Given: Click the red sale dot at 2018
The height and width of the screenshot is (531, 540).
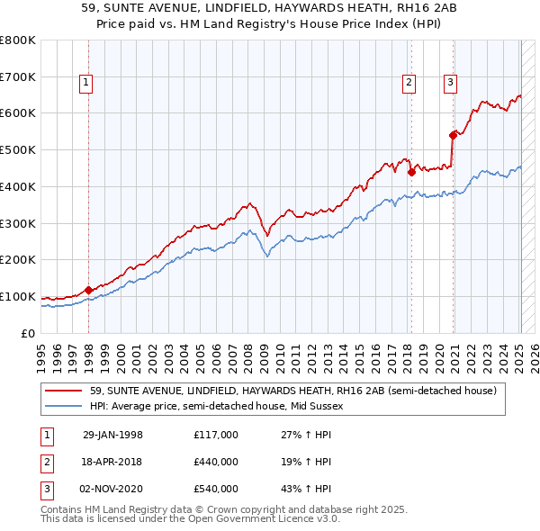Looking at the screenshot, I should (x=411, y=171).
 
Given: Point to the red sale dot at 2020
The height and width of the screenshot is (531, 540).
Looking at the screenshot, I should (x=453, y=135).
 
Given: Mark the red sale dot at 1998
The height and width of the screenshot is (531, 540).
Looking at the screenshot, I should (x=88, y=290).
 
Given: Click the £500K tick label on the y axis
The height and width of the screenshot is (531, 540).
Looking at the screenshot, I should (x=17, y=149).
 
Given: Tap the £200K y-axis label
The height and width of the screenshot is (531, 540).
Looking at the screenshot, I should (x=17, y=260).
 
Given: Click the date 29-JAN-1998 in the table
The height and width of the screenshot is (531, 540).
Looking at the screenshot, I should (x=112, y=435).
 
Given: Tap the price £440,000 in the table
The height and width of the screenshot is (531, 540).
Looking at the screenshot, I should (x=216, y=462).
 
